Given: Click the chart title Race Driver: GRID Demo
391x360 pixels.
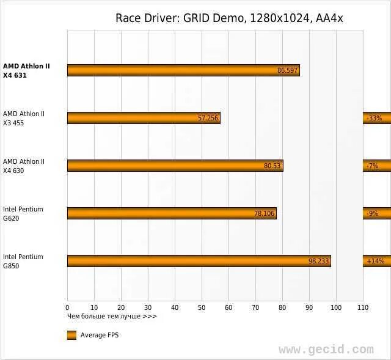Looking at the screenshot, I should [229, 18].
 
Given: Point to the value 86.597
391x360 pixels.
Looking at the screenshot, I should [287, 71].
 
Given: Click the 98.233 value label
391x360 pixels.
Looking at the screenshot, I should [319, 261].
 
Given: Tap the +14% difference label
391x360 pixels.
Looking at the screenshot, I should [375, 261].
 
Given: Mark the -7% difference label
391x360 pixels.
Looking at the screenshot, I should [372, 166].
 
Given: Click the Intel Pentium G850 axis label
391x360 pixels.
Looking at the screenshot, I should [23, 262].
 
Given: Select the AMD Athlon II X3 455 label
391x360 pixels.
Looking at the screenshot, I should [24, 119].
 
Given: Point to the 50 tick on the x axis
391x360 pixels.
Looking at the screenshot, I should [202, 307].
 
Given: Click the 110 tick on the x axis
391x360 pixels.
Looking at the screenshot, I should [363, 307].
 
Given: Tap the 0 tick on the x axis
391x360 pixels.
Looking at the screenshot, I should [67, 307].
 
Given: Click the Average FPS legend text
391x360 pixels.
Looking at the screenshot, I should [100, 336].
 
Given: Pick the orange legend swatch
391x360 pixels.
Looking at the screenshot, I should [71, 335].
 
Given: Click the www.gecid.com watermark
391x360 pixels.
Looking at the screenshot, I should [326, 350].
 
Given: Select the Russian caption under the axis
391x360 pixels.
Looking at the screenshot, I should [112, 316].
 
